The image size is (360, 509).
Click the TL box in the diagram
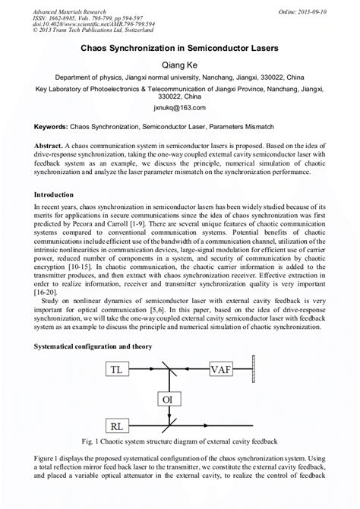tap(117, 370)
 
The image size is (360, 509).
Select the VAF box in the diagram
tap(221, 370)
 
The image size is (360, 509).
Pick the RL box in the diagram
tap(117, 426)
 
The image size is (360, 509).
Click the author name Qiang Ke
tap(180, 66)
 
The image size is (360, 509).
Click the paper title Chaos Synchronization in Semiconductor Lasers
tap(180, 48)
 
